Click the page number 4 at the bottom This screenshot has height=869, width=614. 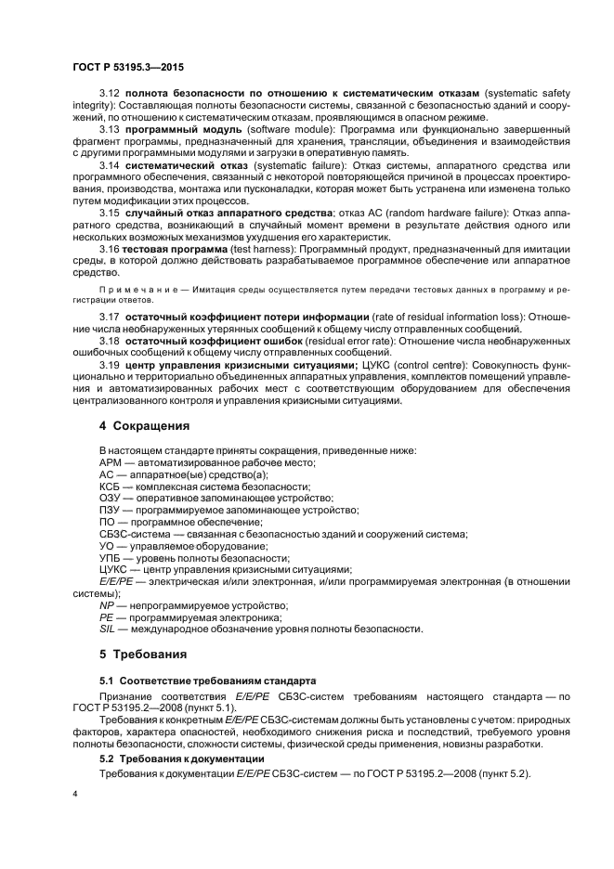(75, 795)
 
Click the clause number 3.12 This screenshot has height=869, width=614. (110, 95)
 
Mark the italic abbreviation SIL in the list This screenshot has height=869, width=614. (106, 629)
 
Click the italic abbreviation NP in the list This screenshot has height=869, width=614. (106, 604)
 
